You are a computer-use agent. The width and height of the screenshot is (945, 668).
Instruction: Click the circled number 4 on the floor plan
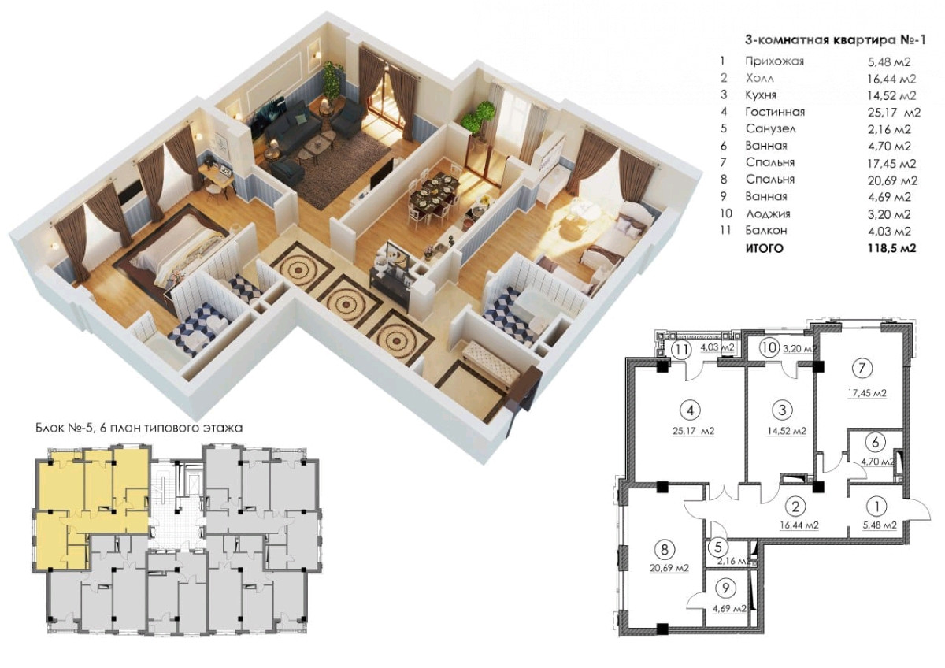pos(690,410)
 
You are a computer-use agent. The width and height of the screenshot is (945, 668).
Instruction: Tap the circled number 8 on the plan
pos(665,549)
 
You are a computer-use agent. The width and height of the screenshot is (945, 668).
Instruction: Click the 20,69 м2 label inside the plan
pos(669,569)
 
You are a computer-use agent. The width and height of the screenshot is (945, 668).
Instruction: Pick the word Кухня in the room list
pos(761,95)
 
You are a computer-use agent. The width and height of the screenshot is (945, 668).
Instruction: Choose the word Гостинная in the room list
pos(775,112)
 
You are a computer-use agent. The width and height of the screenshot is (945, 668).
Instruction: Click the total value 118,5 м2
pos(891,248)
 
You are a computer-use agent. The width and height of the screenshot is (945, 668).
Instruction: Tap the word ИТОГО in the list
pos(764,249)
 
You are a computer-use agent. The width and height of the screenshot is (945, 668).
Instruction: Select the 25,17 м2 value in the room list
pos(894,113)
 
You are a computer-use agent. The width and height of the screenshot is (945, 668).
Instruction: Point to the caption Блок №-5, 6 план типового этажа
pos(139,429)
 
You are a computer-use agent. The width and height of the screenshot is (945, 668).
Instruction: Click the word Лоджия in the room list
pos(768,214)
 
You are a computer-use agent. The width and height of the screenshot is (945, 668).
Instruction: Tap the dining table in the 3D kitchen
pos(435,193)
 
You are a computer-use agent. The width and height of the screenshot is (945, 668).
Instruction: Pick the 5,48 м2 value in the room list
pos(889,62)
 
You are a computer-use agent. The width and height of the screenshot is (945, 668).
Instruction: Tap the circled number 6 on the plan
pos(875,442)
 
